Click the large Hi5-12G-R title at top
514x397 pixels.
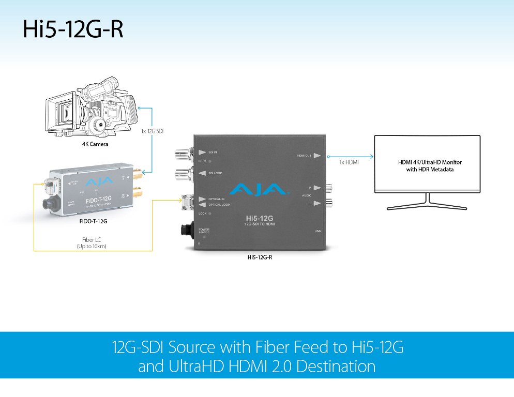coord(72,30)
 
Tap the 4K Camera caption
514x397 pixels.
coord(95,144)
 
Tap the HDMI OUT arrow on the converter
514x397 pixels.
coord(317,155)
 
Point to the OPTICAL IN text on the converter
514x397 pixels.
coord(217,199)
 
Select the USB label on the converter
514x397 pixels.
coord(318,231)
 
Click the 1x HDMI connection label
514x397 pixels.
coord(349,163)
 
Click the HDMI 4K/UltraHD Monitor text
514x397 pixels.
coord(427,162)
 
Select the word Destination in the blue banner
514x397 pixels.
coord(331,367)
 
